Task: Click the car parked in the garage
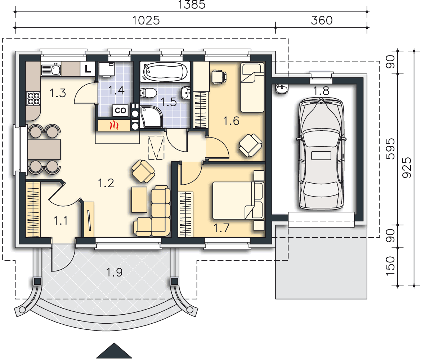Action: tap(321, 154)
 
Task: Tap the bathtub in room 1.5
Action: tap(165, 71)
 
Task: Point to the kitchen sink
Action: tap(51, 69)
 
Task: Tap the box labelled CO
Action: tap(120, 110)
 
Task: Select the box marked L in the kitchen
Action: tap(88, 69)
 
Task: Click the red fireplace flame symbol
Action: tap(115, 125)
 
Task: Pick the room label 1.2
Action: tap(106, 183)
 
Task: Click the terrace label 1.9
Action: tap(115, 273)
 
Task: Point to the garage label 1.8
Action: tap(321, 91)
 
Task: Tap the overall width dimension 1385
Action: tap(192, 5)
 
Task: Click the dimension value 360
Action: tap(322, 21)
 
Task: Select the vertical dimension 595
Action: tap(391, 149)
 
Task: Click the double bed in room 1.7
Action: tap(238, 201)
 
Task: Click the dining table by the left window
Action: tap(44, 149)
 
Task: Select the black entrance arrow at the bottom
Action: tap(114, 351)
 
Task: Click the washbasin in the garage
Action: tap(282, 89)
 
